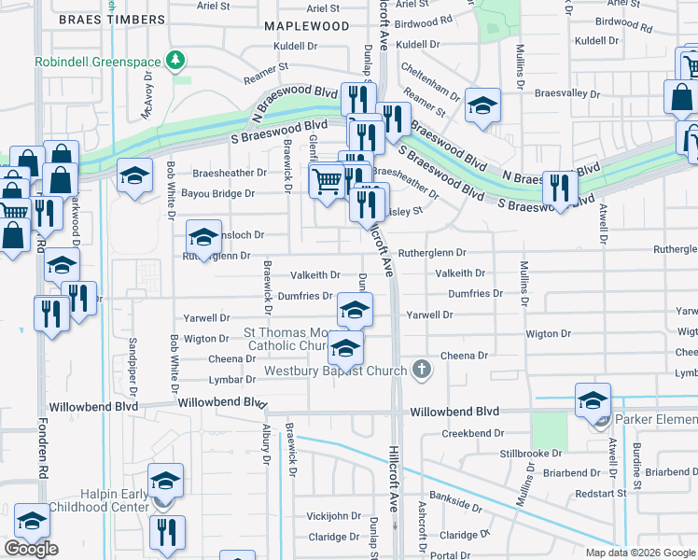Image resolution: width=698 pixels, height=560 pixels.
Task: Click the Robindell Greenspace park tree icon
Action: point(174,62)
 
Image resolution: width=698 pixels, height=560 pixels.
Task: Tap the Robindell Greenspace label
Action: point(97,63)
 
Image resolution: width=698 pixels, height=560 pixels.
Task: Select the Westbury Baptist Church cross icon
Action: point(422,370)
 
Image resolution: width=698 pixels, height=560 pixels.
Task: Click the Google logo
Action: point(31,549)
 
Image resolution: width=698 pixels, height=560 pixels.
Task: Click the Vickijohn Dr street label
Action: point(333,515)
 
